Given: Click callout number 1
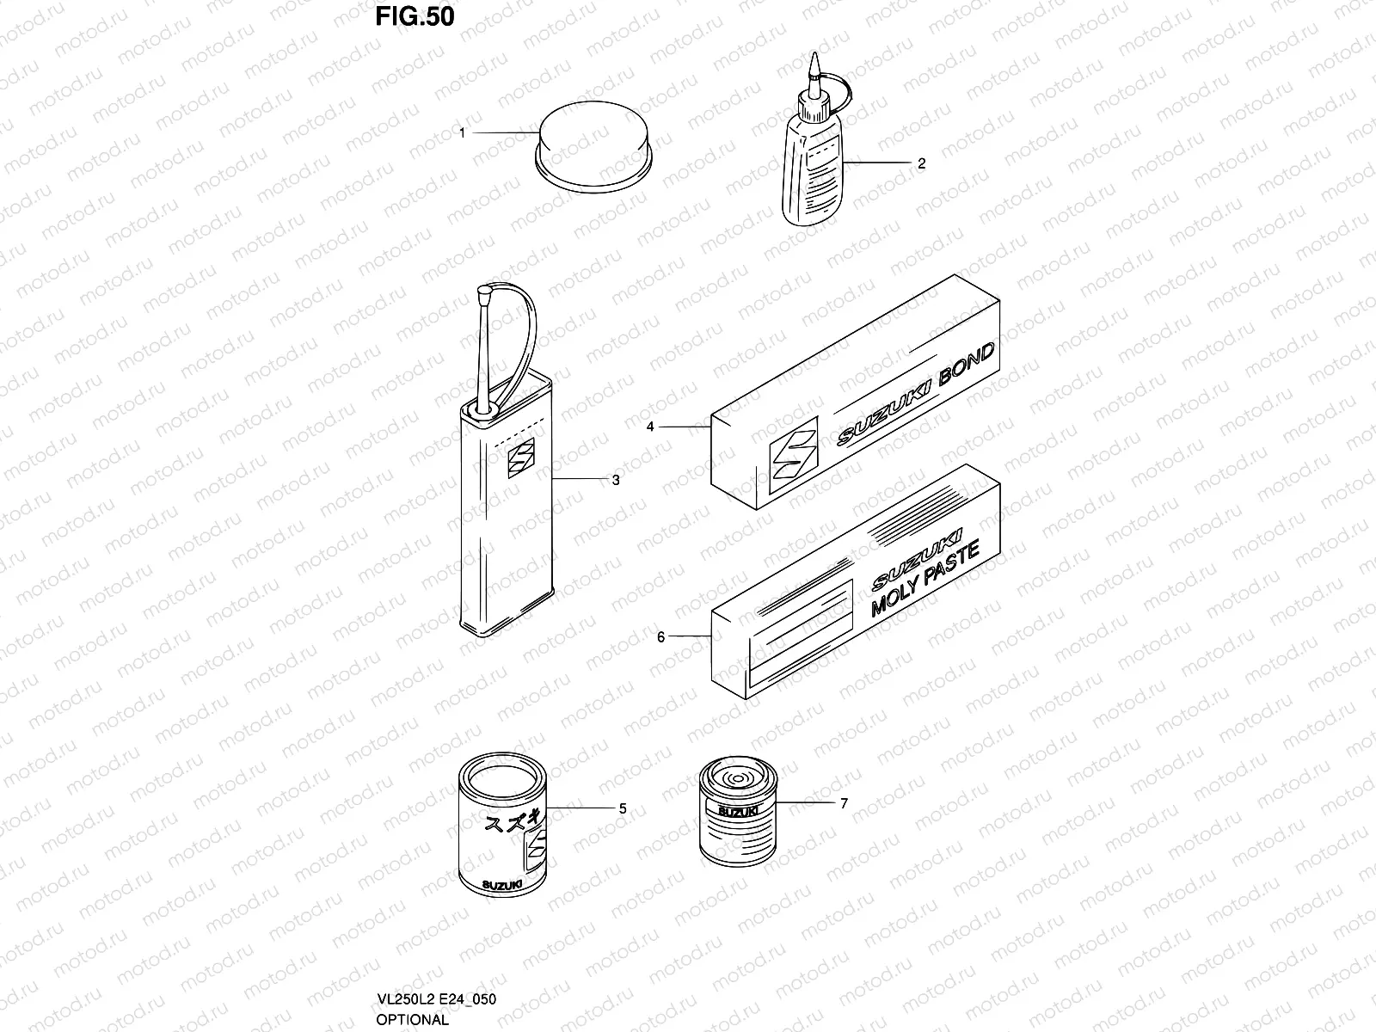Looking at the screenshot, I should [x=462, y=133].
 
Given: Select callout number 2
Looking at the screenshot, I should [x=922, y=163].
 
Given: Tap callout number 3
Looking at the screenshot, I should [x=616, y=480].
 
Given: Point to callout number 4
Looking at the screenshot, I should [x=650, y=426].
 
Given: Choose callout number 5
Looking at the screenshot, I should [x=623, y=809].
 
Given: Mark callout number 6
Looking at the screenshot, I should [x=660, y=637].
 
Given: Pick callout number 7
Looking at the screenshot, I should [x=844, y=803].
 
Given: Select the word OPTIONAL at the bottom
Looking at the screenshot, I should [x=412, y=1020].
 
